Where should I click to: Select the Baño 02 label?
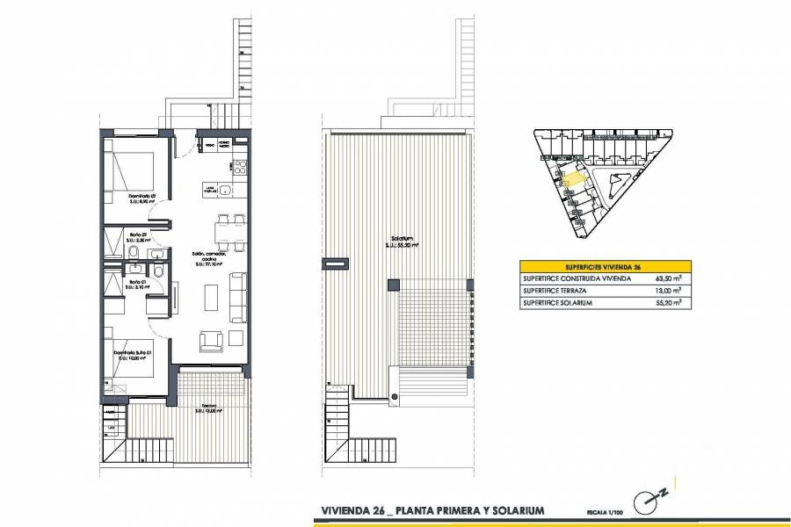tap(137, 235)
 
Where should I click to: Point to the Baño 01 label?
tap(137, 282)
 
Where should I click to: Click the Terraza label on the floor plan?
tap(208, 407)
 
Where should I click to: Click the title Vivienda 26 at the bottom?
tap(352, 510)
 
